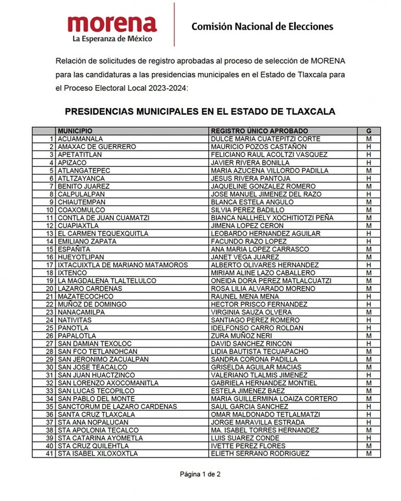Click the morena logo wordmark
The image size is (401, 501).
click(x=112, y=23)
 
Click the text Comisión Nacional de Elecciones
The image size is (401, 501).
click(x=262, y=26)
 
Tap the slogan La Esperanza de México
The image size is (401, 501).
click(x=112, y=39)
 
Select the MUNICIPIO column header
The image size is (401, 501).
click(x=75, y=131)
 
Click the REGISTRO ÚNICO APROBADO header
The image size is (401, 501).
click(x=259, y=131)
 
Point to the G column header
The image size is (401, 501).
click(x=369, y=131)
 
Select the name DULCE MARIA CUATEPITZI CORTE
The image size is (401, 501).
click(x=265, y=139)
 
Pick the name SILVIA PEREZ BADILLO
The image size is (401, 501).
click(x=247, y=210)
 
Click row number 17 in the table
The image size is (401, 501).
click(x=51, y=265)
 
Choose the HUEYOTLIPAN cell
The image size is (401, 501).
click(x=81, y=257)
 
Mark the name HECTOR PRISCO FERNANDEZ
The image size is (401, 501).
click(x=259, y=304)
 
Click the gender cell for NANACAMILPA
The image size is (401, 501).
click(x=369, y=312)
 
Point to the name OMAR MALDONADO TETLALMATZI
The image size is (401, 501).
click(x=265, y=414)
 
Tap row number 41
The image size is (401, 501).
click(x=51, y=454)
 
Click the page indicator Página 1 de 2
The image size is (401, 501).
click(x=200, y=474)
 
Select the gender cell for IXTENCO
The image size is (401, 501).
click(x=369, y=273)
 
